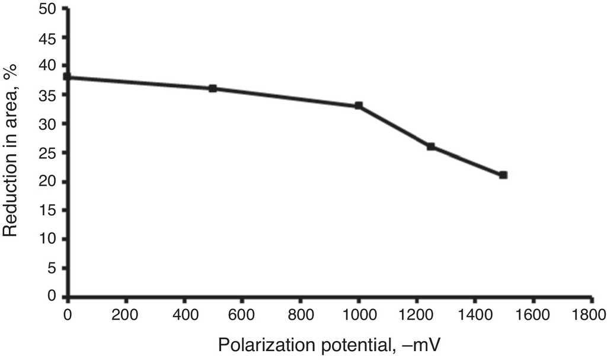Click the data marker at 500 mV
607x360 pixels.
point(213,88)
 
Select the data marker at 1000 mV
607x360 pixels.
point(359,106)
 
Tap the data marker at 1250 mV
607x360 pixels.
point(431,146)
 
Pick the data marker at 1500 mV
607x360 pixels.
point(503,175)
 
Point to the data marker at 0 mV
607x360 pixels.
point(67,77)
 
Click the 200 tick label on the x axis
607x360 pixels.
point(126,314)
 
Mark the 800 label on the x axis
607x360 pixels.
point(300,314)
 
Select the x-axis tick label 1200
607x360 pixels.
point(417,314)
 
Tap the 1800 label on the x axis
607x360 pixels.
point(591,314)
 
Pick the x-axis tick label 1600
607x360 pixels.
point(533,314)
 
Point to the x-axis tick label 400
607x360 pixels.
point(184,314)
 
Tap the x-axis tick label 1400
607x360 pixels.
point(475,314)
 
